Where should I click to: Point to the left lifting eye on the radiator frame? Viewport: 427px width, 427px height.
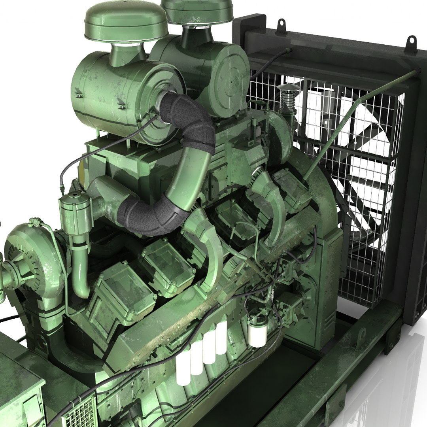coord(282,26)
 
